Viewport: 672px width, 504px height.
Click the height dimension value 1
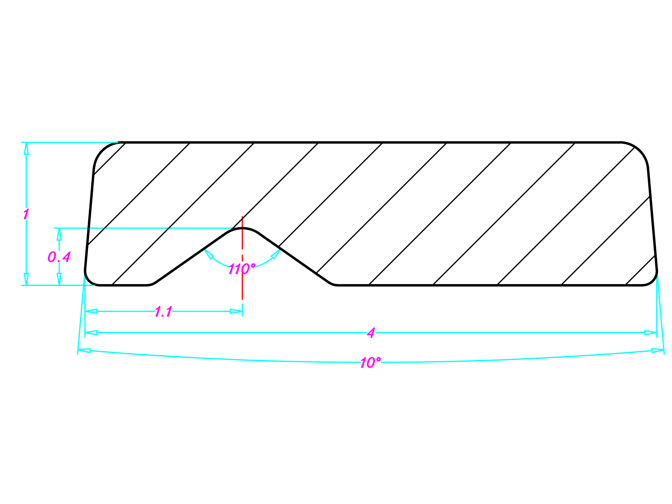click(x=26, y=214)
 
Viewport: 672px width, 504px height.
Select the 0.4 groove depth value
click(x=59, y=257)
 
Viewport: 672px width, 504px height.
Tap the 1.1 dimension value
click(x=164, y=311)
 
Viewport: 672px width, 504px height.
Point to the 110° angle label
click(x=242, y=269)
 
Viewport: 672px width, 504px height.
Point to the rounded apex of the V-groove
click(x=242, y=228)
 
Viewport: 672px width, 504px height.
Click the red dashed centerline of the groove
click(x=242, y=258)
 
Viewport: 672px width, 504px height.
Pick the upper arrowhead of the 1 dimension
click(x=26, y=149)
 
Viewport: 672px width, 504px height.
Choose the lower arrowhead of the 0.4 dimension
click(x=59, y=279)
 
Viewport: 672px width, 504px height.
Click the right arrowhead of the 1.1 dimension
click(x=236, y=311)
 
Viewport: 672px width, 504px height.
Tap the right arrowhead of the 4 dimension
click(x=651, y=333)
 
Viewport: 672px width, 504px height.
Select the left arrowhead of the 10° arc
click(x=84, y=351)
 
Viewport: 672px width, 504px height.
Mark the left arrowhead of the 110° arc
click(x=209, y=254)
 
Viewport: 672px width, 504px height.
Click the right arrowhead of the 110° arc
click(x=276, y=254)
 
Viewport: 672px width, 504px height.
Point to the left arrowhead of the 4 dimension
click(x=91, y=333)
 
